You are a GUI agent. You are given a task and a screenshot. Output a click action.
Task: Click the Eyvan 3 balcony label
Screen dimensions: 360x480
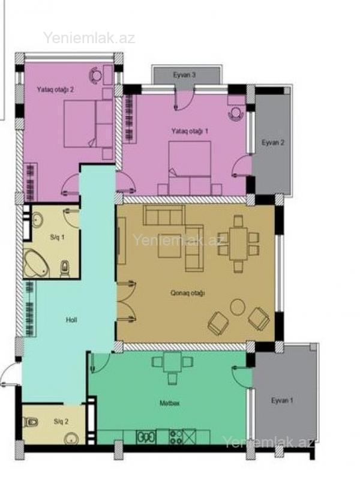point(184,74)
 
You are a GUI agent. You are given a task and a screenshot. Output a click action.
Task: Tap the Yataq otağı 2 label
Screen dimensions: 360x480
point(55,89)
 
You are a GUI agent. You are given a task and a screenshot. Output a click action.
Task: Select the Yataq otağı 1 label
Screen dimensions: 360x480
point(190,131)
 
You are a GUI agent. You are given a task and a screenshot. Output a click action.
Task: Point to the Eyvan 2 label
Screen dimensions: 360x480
point(273,142)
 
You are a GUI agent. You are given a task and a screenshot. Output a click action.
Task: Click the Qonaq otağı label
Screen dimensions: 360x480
point(187,293)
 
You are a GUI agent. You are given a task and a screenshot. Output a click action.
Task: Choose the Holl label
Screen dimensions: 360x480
point(71,320)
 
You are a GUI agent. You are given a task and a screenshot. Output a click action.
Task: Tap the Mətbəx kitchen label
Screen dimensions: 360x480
point(170,403)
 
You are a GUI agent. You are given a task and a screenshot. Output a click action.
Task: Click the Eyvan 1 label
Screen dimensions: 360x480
point(282,400)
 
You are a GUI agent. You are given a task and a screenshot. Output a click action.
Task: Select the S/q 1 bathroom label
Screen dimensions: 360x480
point(57,237)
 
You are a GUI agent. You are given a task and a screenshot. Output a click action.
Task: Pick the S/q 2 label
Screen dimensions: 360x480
point(61,422)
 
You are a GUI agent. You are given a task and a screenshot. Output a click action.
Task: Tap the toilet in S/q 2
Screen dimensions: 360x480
point(31,422)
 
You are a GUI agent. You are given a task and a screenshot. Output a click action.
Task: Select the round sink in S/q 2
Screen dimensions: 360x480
point(72,439)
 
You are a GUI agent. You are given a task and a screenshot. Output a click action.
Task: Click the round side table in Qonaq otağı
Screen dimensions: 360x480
point(238,307)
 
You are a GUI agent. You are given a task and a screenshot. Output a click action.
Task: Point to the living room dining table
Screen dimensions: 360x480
point(238,244)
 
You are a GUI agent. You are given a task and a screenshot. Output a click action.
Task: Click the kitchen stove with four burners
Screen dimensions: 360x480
point(176,437)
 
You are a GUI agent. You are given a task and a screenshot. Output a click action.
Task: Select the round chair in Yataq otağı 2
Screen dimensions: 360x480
point(96,74)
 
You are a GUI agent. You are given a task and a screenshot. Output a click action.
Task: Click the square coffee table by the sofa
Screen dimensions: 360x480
point(169,245)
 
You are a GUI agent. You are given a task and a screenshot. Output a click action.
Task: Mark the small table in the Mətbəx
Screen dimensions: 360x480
point(172,362)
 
